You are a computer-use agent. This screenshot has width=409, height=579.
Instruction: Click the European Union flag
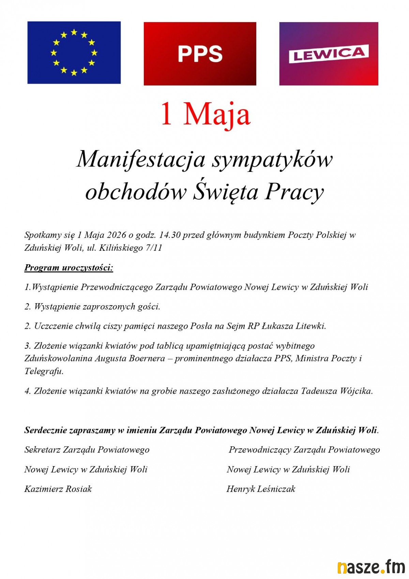click(x=74, y=53)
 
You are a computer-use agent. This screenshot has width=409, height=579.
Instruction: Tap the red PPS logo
click(x=200, y=54)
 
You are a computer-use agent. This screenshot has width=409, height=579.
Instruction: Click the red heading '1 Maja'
click(x=206, y=114)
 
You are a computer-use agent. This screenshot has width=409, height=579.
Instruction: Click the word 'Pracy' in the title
click(x=294, y=192)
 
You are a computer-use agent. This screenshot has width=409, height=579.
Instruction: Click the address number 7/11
click(x=153, y=248)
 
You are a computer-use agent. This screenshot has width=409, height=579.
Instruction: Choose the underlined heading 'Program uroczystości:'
click(x=69, y=268)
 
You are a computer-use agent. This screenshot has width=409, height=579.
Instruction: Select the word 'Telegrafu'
click(x=44, y=371)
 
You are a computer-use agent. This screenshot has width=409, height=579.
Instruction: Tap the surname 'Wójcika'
click(x=356, y=391)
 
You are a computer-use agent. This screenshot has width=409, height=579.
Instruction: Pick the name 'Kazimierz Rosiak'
click(x=58, y=489)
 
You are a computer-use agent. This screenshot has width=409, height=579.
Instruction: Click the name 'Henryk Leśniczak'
click(x=261, y=489)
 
